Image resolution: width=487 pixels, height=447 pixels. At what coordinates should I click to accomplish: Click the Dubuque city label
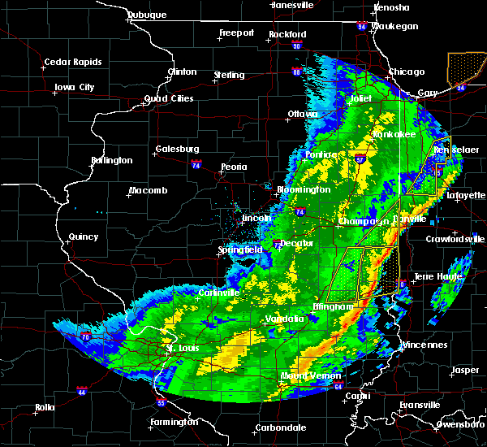click(147, 15)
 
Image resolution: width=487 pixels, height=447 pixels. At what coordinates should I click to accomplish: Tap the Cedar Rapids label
click(73, 62)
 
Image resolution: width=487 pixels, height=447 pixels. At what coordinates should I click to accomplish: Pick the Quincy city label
click(84, 237)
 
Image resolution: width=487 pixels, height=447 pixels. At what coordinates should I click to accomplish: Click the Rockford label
click(288, 34)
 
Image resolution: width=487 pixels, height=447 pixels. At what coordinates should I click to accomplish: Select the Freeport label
click(236, 33)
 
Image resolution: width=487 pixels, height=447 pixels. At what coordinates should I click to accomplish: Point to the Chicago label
click(407, 72)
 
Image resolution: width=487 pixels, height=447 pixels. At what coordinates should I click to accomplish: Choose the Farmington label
click(175, 422)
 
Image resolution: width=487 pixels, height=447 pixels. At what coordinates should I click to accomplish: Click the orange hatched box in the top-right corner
click(466, 68)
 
